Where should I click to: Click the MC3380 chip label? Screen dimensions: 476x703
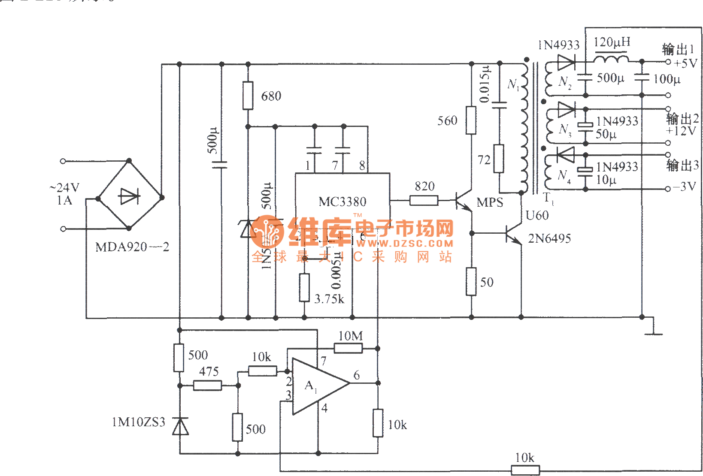(x=342, y=202)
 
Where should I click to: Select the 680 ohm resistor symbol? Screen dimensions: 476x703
(x=248, y=95)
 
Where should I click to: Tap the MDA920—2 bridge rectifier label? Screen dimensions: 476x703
(x=132, y=247)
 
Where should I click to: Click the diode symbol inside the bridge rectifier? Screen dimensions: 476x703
(x=129, y=197)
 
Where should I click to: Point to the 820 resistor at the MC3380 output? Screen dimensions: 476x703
(x=424, y=200)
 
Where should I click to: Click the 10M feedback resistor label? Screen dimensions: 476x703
(x=350, y=336)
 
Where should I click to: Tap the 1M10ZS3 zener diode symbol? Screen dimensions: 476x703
(x=180, y=426)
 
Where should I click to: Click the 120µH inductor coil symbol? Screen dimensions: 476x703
(x=611, y=58)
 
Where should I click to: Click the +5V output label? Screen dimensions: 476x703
(x=685, y=63)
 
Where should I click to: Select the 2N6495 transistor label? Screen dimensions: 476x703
(x=549, y=238)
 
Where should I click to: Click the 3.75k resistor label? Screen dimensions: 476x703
(x=329, y=299)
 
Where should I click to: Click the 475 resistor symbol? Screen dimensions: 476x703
(x=208, y=386)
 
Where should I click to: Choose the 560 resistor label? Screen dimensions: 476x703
(x=447, y=121)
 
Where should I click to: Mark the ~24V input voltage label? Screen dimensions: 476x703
(x=64, y=187)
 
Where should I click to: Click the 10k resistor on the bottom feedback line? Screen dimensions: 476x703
(x=525, y=470)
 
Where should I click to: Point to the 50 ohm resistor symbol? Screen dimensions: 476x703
(x=471, y=282)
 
